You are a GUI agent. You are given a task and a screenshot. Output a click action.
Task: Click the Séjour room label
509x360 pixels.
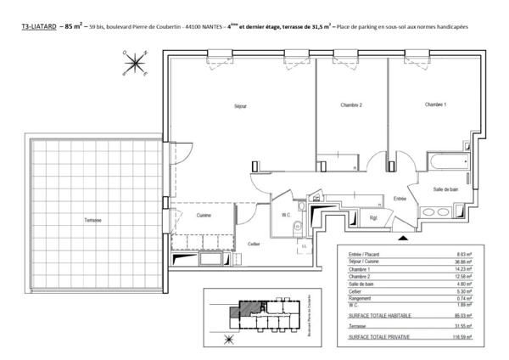tap(223, 107)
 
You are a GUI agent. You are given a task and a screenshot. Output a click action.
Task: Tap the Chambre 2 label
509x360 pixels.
tap(352, 105)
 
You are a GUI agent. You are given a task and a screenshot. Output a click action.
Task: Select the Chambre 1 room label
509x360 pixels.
tap(435, 104)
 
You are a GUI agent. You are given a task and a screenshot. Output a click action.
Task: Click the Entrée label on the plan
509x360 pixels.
tap(400, 199)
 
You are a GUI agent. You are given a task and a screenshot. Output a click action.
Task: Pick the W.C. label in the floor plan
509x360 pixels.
tap(287, 215)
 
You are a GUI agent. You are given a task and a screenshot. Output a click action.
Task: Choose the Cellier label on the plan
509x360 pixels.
tap(253, 244)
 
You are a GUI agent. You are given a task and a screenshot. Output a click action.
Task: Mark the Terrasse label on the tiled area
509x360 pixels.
tap(93, 220)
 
